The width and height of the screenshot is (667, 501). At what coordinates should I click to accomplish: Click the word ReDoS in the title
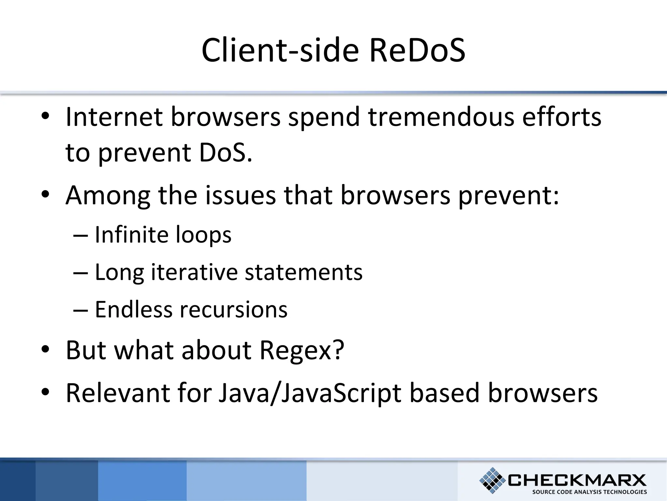(417, 51)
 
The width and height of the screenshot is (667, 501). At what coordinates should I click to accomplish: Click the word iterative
(194, 272)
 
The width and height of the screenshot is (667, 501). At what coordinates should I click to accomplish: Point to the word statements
(304, 272)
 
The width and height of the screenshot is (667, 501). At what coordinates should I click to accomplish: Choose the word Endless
(134, 310)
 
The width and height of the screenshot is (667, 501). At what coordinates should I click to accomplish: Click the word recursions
(234, 310)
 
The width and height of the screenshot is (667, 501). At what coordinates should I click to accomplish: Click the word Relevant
(118, 393)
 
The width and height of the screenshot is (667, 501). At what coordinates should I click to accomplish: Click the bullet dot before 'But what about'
(45, 349)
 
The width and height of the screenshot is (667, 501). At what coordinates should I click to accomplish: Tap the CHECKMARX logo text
(577, 480)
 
